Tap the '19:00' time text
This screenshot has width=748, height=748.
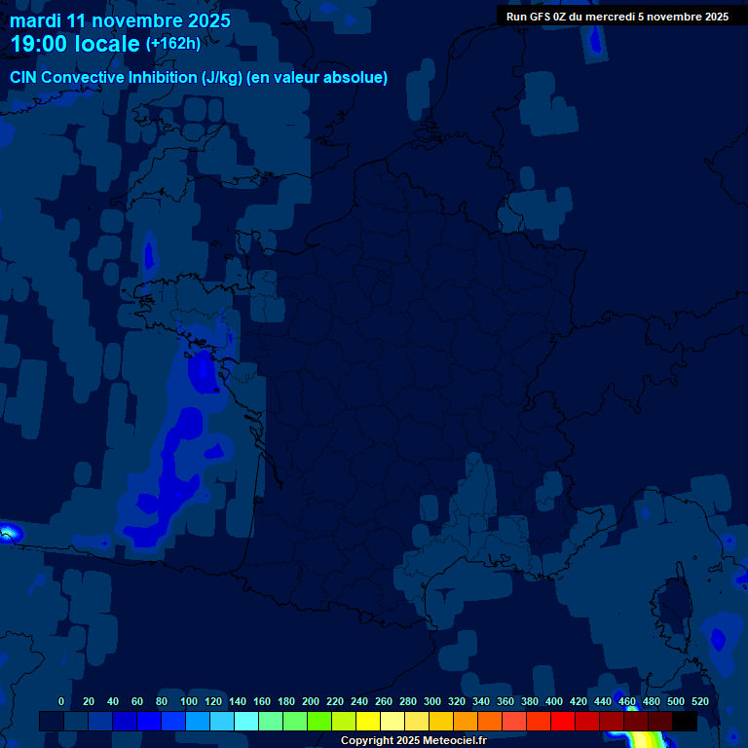39,44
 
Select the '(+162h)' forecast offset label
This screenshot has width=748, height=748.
172,44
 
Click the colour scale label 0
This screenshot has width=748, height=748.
62,702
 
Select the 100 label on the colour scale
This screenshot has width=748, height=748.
188,702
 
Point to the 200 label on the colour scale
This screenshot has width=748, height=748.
311,702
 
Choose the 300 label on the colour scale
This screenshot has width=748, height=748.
432,702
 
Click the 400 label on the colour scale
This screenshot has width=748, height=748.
554,702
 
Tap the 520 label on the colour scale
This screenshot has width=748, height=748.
699,702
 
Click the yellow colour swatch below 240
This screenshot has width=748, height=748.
368,721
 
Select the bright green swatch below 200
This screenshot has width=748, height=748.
319,721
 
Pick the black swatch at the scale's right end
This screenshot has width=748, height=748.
685,721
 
